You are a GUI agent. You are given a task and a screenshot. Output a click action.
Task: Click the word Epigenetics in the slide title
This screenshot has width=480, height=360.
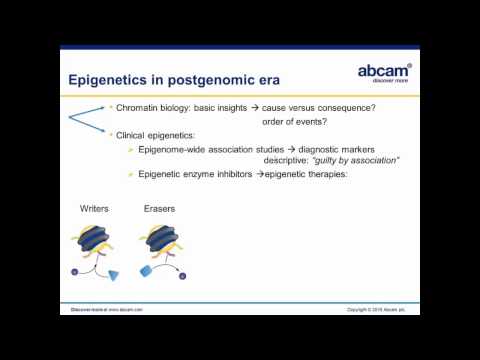112,79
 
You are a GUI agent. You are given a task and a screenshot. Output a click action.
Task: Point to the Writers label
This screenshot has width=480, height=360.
96,209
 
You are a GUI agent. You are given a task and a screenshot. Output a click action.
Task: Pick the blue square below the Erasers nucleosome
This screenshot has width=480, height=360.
146,271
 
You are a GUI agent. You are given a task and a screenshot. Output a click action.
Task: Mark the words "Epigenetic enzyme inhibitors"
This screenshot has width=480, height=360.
191,176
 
